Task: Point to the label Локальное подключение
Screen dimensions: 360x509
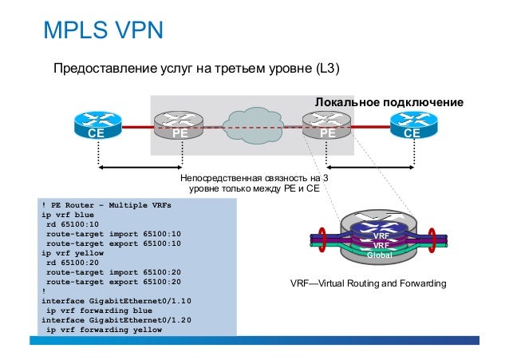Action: [389, 103]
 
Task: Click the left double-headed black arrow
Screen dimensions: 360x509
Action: [139, 168]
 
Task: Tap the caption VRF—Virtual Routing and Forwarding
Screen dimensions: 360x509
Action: [368, 284]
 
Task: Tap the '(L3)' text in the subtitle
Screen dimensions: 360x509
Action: [328, 68]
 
